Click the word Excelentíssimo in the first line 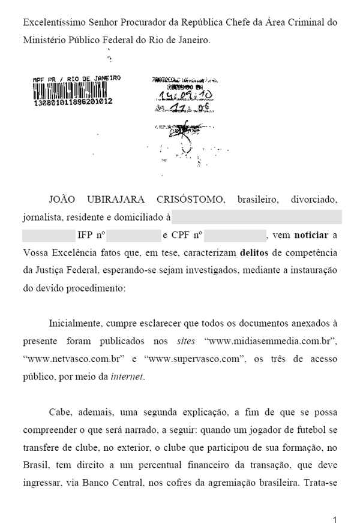click(52, 23)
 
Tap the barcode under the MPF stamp click(72, 91)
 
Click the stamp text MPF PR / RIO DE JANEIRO click(77, 78)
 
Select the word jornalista click(44, 217)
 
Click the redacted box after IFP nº click(133, 234)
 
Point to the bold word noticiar click(311, 234)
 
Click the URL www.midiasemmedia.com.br click(271, 341)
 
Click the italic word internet click(127, 377)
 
